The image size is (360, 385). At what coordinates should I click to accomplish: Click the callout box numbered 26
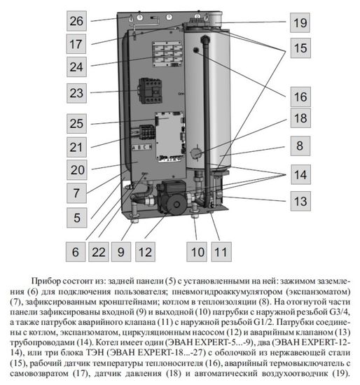[x=76, y=20]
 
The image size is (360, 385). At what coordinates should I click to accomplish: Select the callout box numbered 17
[x=76, y=43]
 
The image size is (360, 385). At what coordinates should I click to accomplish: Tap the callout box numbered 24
[x=76, y=67]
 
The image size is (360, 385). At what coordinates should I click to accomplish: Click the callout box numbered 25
[x=76, y=123]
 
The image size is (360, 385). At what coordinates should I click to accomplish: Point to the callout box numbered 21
[x=76, y=146]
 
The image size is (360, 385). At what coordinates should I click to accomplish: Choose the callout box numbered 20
[x=76, y=170]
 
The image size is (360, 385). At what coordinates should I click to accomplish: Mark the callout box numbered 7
[x=76, y=191]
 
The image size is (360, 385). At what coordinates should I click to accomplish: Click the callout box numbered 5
[x=76, y=217]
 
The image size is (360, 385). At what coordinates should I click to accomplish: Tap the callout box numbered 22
[x=102, y=249]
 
